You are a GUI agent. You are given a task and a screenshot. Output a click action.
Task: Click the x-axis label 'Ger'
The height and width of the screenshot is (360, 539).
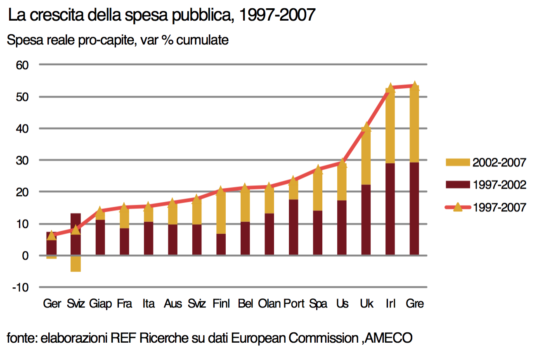pyautogui.click(x=52, y=304)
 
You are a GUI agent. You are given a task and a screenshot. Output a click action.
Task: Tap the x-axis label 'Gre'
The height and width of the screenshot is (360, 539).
pyautogui.click(x=415, y=304)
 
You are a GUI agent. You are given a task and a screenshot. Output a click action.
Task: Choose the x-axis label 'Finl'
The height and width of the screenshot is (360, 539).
pyautogui.click(x=222, y=304)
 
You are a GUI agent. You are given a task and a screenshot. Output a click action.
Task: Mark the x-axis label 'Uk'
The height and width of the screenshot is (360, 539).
pyautogui.click(x=366, y=304)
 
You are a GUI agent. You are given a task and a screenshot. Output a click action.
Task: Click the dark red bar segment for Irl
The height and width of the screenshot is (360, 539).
pyautogui.click(x=390, y=209)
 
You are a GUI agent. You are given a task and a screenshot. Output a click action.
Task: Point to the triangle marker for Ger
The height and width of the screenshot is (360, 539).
pyautogui.click(x=51, y=235)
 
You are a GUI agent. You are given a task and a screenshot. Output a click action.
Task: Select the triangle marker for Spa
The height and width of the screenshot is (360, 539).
pyautogui.click(x=318, y=169)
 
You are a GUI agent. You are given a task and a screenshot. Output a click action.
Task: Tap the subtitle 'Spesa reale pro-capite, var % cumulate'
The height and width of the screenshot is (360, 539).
pyautogui.click(x=118, y=40)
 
